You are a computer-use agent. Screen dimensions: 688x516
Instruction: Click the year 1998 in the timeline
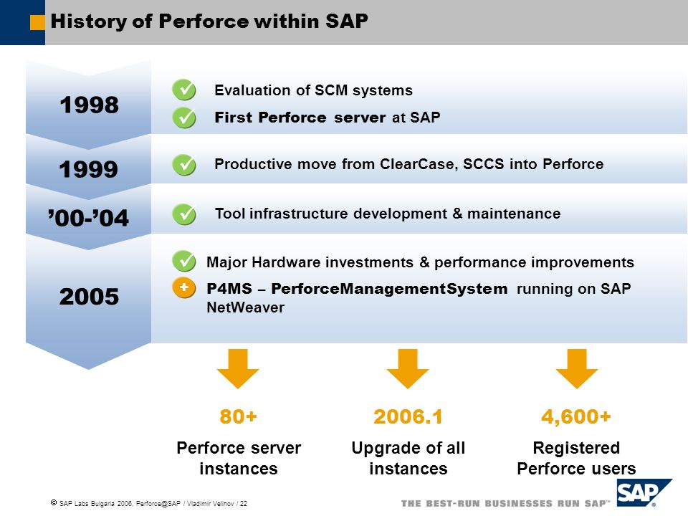pos(89,105)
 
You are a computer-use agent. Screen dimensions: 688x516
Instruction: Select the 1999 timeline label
pos(89,169)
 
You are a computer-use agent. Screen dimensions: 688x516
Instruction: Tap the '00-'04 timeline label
pos(88,218)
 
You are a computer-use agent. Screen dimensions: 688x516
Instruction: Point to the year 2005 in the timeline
pos(89,296)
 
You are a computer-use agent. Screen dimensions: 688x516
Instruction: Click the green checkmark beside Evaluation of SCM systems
pos(184,90)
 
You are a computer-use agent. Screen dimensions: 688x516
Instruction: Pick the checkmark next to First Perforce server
pos(184,118)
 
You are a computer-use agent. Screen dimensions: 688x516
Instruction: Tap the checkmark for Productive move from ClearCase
pos(184,165)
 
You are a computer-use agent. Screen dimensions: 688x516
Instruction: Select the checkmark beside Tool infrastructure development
pos(184,214)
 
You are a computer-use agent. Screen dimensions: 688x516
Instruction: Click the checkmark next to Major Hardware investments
pos(184,261)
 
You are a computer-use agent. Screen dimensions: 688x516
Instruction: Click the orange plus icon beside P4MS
pos(184,288)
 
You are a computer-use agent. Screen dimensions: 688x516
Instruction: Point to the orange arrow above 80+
pos(238,368)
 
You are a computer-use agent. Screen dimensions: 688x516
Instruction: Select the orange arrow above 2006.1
pos(408,368)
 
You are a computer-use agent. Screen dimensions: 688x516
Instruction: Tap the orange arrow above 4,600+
pos(577,368)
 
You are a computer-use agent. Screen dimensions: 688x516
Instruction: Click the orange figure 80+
pos(238,416)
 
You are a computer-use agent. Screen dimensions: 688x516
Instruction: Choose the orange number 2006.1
pos(408,416)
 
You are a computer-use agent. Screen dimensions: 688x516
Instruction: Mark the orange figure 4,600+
pos(576,417)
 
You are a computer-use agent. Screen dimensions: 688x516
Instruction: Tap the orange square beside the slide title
pos(37,22)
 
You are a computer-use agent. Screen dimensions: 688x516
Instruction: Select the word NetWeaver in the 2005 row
pos(245,307)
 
